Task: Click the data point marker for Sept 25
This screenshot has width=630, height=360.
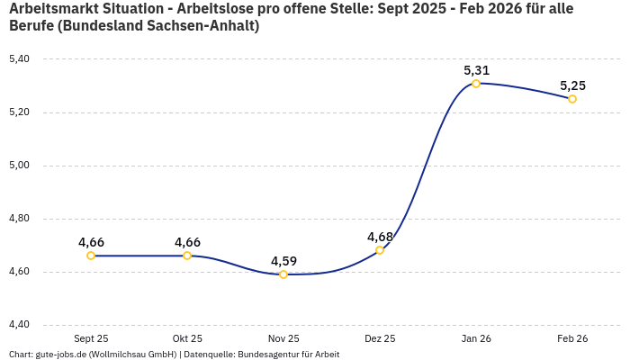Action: click(x=91, y=256)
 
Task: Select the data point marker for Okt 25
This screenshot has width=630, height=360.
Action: click(x=187, y=256)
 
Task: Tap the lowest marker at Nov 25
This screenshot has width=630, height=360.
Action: click(x=283, y=274)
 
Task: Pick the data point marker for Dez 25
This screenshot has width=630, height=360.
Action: click(x=380, y=250)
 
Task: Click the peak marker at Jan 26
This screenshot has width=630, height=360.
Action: click(x=476, y=84)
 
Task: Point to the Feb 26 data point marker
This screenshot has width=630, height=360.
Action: click(x=572, y=99)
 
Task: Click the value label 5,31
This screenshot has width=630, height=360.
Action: click(x=476, y=69)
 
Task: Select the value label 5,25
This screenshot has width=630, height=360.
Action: click(x=572, y=85)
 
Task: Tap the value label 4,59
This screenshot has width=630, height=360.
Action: click(x=283, y=261)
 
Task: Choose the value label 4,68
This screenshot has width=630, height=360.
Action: click(x=380, y=237)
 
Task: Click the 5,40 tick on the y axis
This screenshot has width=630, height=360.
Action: click(x=19, y=59)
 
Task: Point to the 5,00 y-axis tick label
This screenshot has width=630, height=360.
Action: click(x=19, y=166)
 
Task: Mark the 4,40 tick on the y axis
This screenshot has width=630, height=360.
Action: click(x=19, y=325)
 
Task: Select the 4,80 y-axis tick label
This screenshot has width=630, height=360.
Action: click(x=19, y=219)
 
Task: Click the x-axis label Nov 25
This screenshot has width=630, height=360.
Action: click(x=283, y=338)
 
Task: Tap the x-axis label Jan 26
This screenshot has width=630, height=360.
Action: click(x=476, y=338)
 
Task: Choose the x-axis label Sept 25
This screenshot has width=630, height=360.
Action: click(x=91, y=338)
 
